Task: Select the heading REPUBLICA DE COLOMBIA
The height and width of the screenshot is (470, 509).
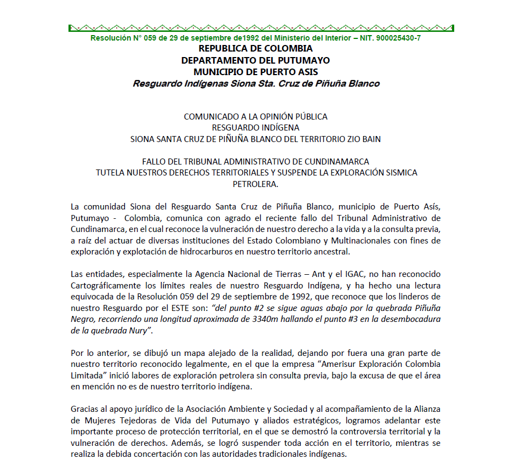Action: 255,49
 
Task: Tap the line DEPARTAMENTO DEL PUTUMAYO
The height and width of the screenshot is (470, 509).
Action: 255,60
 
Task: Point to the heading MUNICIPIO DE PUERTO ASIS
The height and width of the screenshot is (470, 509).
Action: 255,72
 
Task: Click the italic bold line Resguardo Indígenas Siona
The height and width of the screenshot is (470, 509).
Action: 255,84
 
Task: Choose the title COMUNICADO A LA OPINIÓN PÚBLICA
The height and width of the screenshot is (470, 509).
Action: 255,117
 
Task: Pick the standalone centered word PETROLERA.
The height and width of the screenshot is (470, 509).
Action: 255,184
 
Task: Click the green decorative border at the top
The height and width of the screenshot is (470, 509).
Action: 261,27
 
